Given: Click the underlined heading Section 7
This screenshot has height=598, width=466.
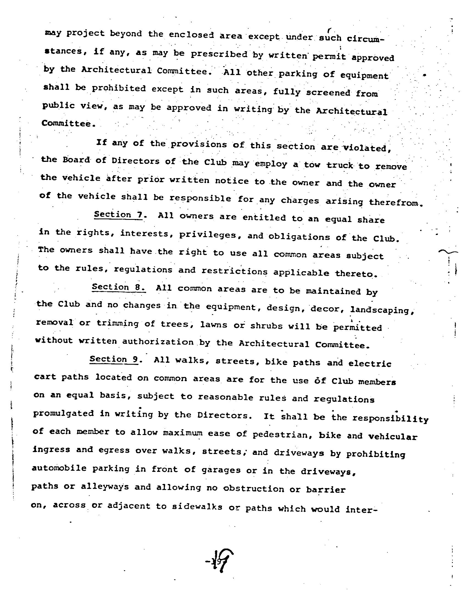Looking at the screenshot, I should pyautogui.click(x=118, y=215).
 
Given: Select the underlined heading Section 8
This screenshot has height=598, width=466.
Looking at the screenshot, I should pyautogui.click(x=118, y=287).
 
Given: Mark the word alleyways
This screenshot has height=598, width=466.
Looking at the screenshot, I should pyautogui.click(x=105, y=486).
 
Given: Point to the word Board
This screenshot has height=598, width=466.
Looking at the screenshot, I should pyautogui.click(x=76, y=160).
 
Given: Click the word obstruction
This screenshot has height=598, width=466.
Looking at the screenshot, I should pyautogui.click(x=253, y=489).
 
